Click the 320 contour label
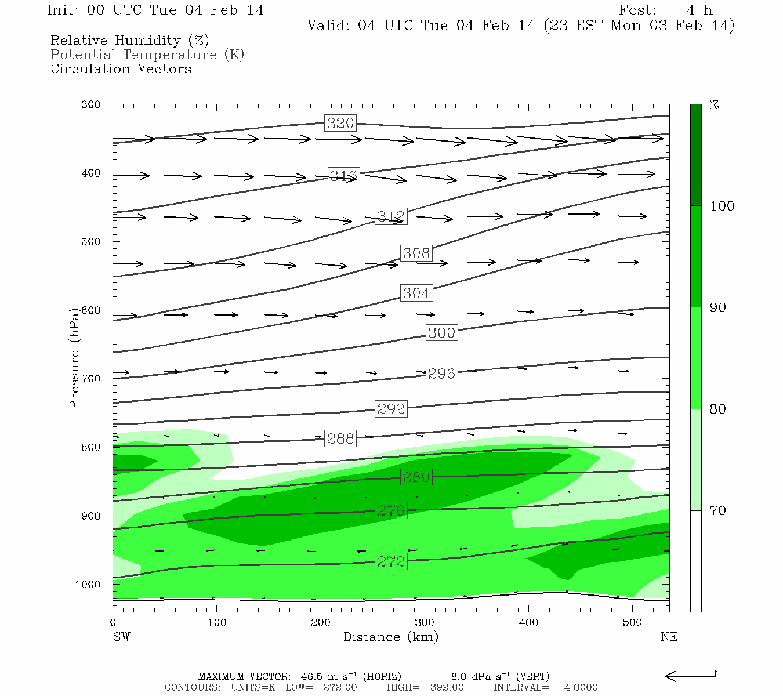340,123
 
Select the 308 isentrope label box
416,253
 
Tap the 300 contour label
441,333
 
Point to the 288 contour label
340,438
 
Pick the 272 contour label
391,561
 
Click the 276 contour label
391,510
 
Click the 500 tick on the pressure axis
91,241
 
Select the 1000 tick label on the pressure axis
88,585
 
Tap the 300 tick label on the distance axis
425,623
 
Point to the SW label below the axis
121,637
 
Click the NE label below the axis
669,637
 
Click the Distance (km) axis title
391,637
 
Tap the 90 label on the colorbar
718,307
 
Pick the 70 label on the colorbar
718,510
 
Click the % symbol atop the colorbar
715,105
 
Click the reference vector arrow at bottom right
690,676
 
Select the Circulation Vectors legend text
121,68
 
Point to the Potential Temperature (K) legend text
147,55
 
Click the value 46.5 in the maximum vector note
313,676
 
